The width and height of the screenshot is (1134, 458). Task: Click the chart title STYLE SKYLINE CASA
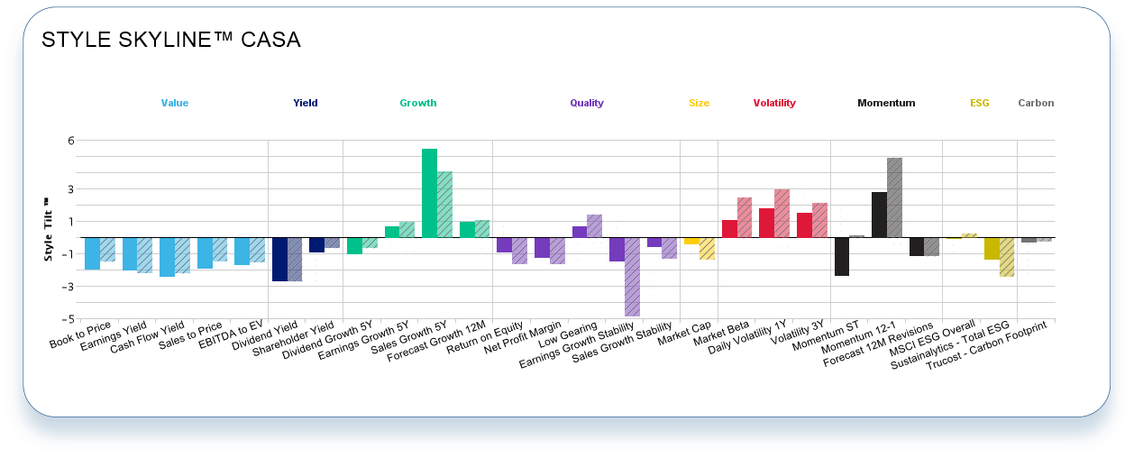(171, 41)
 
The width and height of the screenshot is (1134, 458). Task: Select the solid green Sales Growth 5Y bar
(429, 193)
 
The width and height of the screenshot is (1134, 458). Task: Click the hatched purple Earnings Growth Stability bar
(633, 277)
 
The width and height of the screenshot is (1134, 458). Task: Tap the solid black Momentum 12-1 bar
(879, 215)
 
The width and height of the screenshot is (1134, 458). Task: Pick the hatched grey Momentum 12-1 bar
(894, 197)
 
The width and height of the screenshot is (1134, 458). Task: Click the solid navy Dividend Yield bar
(279, 260)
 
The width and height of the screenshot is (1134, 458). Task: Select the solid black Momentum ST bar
(841, 256)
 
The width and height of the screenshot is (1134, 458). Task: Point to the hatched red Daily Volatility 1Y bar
(782, 214)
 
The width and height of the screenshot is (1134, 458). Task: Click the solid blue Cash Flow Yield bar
(167, 257)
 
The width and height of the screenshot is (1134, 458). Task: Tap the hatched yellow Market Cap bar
(708, 248)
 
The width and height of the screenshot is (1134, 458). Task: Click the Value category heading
(175, 104)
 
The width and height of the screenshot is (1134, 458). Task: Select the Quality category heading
(587, 104)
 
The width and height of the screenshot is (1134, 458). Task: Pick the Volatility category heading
(774, 104)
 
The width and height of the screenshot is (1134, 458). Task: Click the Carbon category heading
(1036, 104)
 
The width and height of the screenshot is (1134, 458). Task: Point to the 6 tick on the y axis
(69, 141)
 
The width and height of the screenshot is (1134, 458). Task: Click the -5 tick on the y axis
(68, 319)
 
